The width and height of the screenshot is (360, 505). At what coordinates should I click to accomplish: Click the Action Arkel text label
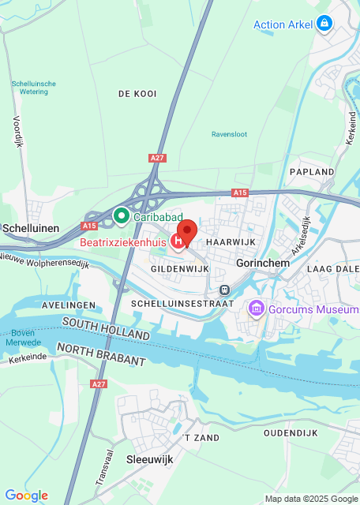[283, 24]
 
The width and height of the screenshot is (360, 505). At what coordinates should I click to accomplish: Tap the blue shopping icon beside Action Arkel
[323, 24]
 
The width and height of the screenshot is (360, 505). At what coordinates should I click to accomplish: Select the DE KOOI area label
[137, 94]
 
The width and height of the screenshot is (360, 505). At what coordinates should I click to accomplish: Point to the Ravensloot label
[229, 134]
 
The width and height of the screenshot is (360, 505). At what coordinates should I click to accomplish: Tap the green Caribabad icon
[121, 215]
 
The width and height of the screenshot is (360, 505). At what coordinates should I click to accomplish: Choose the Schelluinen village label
[31, 228]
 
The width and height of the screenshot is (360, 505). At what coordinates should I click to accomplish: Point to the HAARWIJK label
[227, 243]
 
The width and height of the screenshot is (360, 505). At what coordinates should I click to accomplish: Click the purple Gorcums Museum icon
[256, 309]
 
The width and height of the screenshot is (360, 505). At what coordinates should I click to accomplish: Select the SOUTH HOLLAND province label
[106, 329]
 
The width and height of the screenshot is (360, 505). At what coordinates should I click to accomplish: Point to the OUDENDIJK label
[290, 433]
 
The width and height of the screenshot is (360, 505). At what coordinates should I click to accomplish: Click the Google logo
[26, 496]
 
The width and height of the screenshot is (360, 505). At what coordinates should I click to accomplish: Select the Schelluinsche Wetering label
[33, 88]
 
